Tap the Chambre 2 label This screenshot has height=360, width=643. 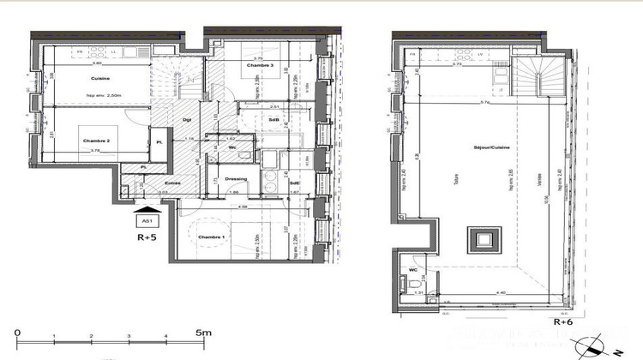(95, 140)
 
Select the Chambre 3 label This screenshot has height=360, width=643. (261, 66)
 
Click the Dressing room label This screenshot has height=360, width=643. (235, 179)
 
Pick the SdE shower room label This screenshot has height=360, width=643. (294, 183)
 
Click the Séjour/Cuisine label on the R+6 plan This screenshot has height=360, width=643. (493, 147)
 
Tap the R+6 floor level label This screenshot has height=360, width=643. (562, 322)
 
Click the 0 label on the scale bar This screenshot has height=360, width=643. (17, 332)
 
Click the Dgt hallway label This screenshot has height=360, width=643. (187, 120)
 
